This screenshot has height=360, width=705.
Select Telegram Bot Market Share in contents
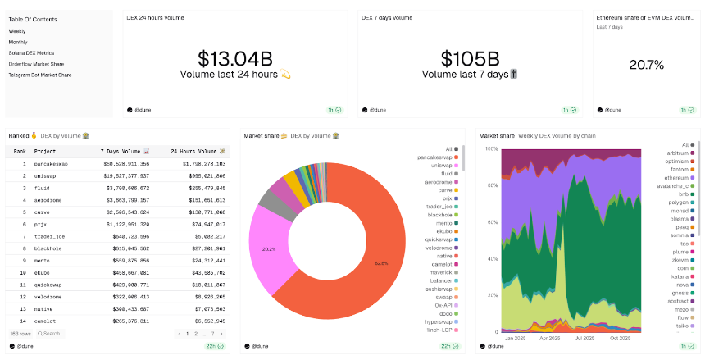click(39, 75)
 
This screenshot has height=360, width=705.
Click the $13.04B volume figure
click(234, 58)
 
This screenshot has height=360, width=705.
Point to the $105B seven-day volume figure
click(470, 58)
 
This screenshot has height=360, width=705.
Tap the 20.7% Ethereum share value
click(646, 64)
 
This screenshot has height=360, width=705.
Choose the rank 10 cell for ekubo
click(23, 271)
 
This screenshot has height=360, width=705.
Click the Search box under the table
click(52, 334)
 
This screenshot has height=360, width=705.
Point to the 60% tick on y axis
click(493, 223)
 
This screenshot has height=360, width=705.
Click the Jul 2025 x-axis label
click(585, 338)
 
